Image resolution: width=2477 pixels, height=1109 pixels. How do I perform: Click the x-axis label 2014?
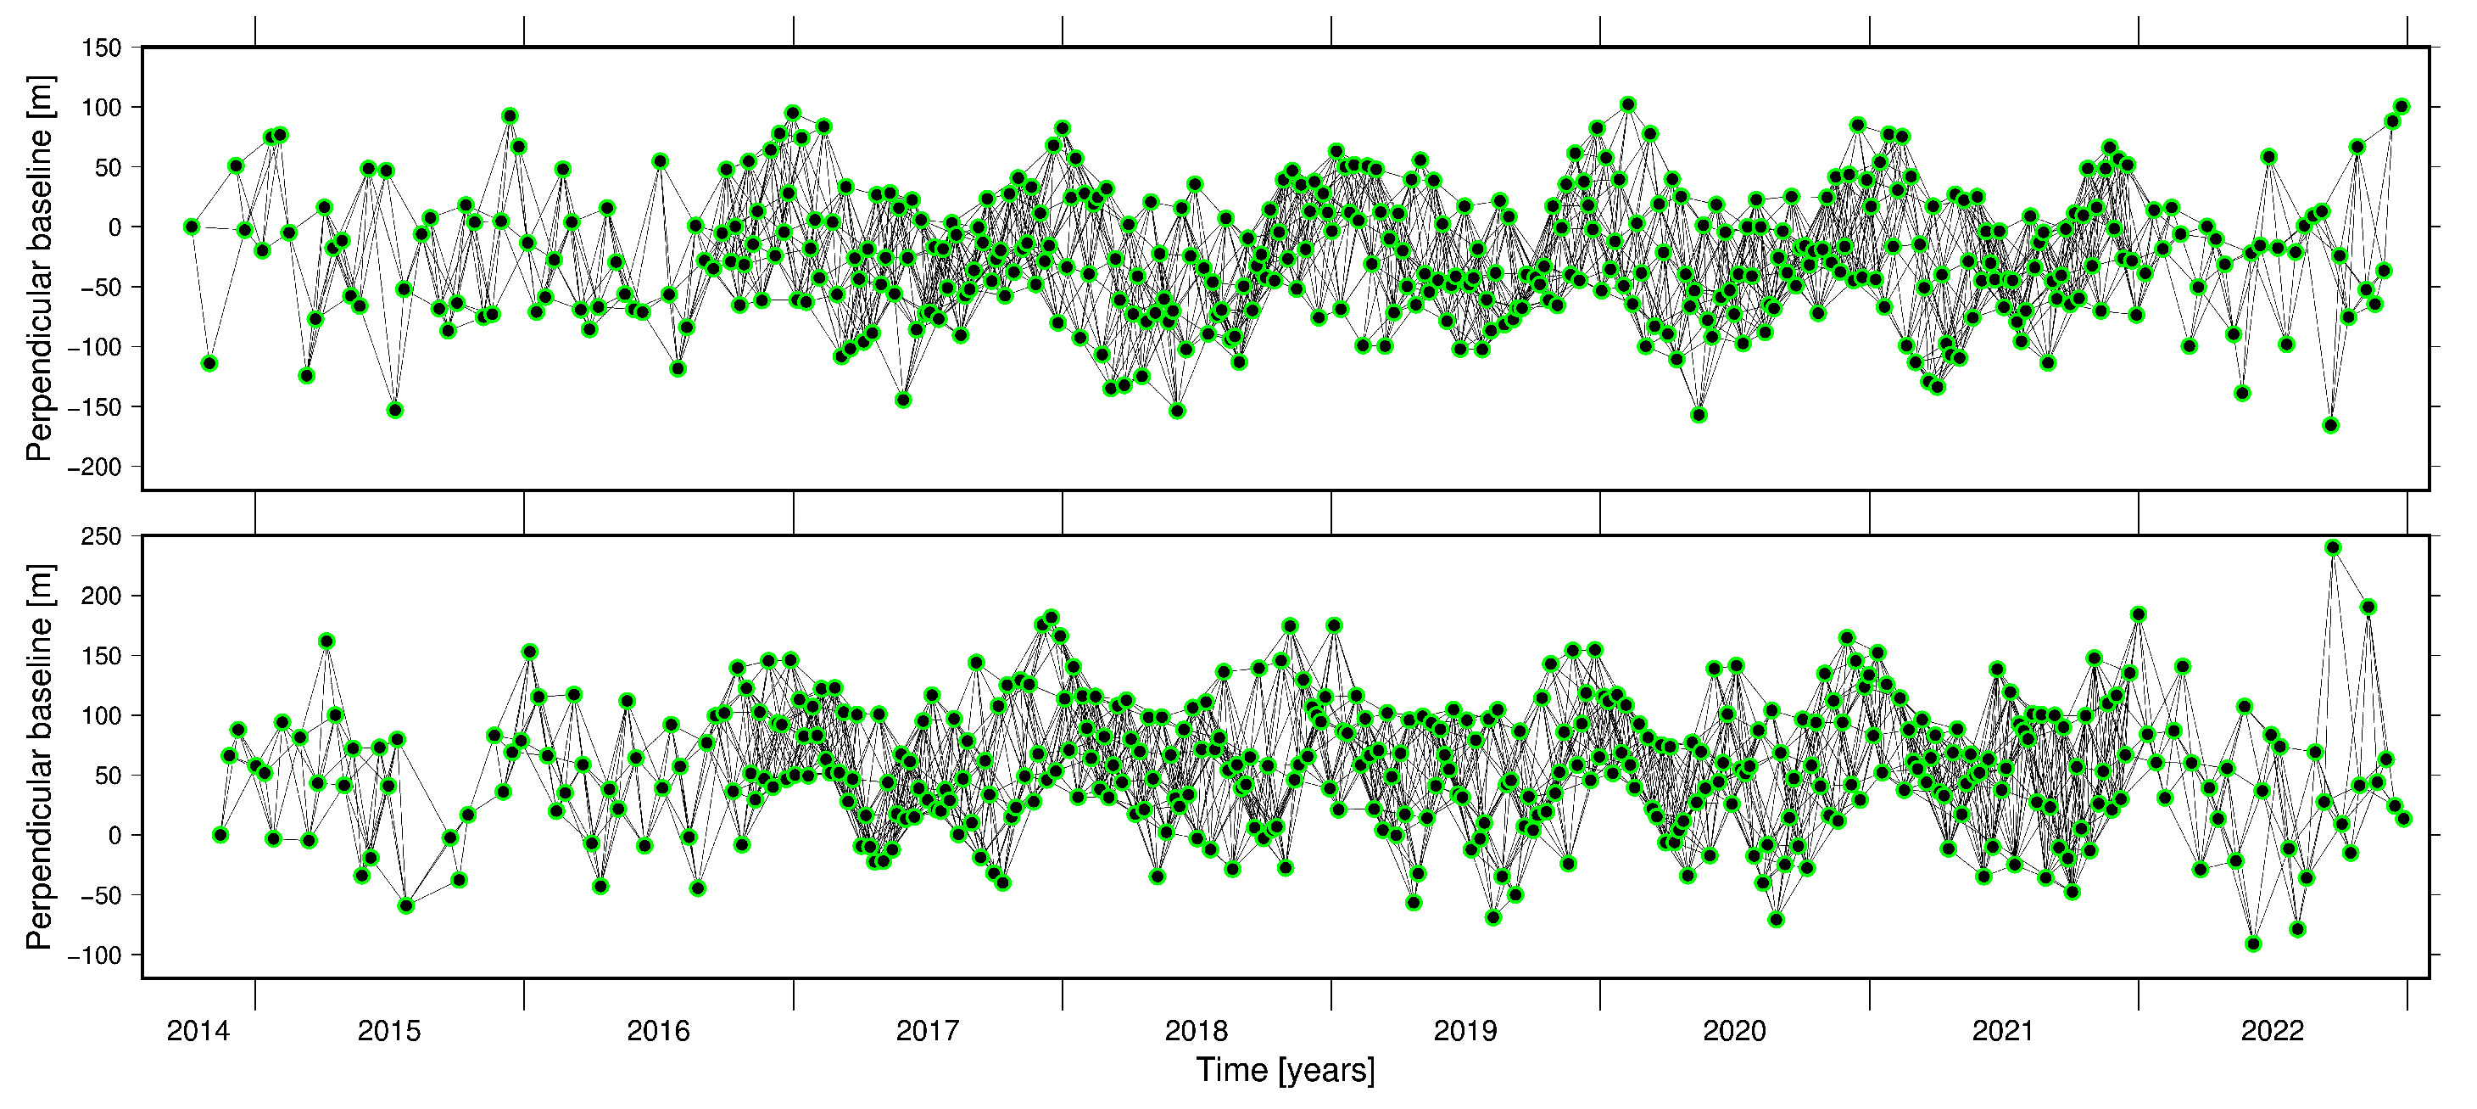click(x=198, y=1032)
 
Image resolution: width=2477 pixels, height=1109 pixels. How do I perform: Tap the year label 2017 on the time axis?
click(x=928, y=1032)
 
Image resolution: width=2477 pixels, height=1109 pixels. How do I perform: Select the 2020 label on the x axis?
click(x=1735, y=1032)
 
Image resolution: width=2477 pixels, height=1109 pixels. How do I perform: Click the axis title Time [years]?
click(x=1286, y=1071)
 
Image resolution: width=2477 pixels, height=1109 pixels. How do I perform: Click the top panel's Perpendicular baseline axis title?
click(x=38, y=268)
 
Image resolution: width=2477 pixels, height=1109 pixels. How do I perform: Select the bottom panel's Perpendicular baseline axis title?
click(x=38, y=757)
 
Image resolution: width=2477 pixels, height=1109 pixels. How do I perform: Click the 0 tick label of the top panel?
click(x=114, y=227)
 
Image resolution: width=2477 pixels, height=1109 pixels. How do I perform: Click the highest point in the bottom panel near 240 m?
click(x=2333, y=547)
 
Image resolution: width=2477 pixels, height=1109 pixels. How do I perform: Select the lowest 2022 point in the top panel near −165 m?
click(x=2331, y=425)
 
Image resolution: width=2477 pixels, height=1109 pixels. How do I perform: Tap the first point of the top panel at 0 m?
click(x=192, y=227)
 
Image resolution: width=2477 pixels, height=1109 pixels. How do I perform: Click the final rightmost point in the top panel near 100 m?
click(x=2401, y=106)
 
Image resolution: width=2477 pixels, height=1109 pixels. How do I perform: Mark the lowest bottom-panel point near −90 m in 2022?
click(x=2253, y=944)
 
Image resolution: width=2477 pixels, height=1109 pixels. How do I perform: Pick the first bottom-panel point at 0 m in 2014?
click(x=220, y=835)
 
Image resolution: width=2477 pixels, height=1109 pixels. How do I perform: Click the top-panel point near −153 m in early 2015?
click(x=394, y=410)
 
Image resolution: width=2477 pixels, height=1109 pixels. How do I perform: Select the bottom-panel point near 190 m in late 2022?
click(x=2368, y=607)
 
